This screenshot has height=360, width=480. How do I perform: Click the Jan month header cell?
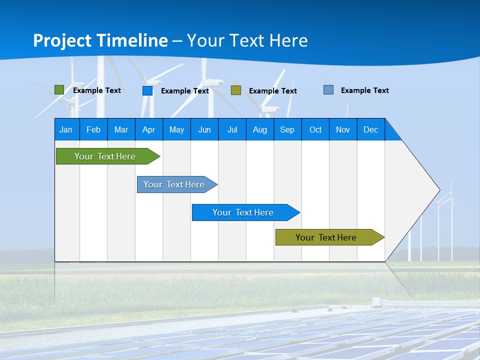[66, 129]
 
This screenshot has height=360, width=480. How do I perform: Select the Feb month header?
[93, 129]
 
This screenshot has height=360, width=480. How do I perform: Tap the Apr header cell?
[149, 129]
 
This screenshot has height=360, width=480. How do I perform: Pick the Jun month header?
[204, 129]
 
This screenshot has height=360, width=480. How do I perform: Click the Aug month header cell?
[260, 129]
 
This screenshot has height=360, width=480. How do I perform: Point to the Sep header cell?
[287, 129]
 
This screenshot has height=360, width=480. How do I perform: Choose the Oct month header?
[315, 129]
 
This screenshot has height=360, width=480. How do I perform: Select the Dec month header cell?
[371, 129]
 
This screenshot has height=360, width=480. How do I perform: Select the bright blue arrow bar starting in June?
[243, 212]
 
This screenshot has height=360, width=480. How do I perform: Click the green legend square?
[59, 90]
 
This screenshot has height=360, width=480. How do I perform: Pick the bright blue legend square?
[147, 90]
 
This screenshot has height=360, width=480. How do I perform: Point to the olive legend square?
[236, 90]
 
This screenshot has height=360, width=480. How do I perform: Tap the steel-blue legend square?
[328, 90]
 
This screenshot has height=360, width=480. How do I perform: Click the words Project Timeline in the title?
[100, 40]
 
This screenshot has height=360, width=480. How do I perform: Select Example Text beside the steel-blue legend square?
[364, 90]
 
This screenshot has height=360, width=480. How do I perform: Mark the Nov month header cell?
[343, 129]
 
